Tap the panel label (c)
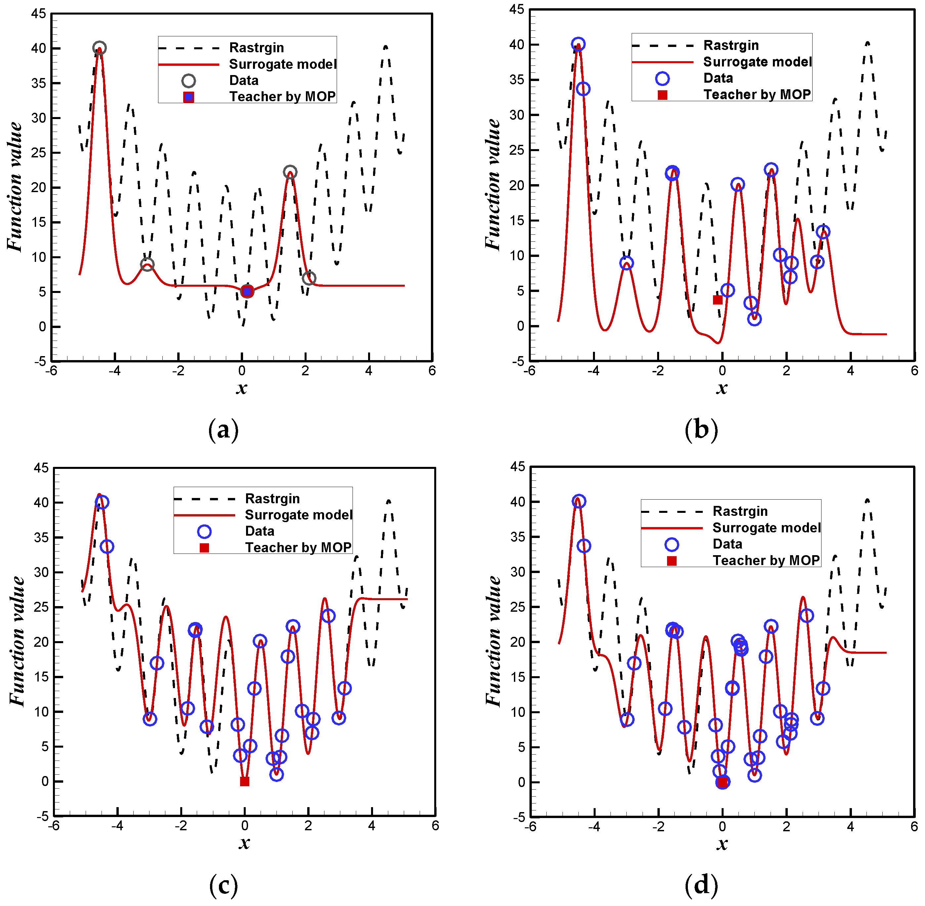(x=223, y=885)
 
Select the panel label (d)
(x=701, y=885)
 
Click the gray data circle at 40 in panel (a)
(x=99, y=48)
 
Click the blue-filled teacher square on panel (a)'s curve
(x=247, y=291)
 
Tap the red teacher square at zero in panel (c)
(x=245, y=781)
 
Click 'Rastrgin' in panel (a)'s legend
(x=257, y=48)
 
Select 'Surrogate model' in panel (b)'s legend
(x=757, y=62)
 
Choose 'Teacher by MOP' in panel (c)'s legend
(x=298, y=547)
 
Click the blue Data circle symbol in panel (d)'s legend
(x=671, y=544)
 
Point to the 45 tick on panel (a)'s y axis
(x=39, y=14)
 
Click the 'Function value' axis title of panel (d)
(x=493, y=641)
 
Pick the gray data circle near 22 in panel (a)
(x=290, y=172)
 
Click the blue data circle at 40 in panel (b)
(x=578, y=44)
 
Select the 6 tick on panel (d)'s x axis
(x=913, y=827)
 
